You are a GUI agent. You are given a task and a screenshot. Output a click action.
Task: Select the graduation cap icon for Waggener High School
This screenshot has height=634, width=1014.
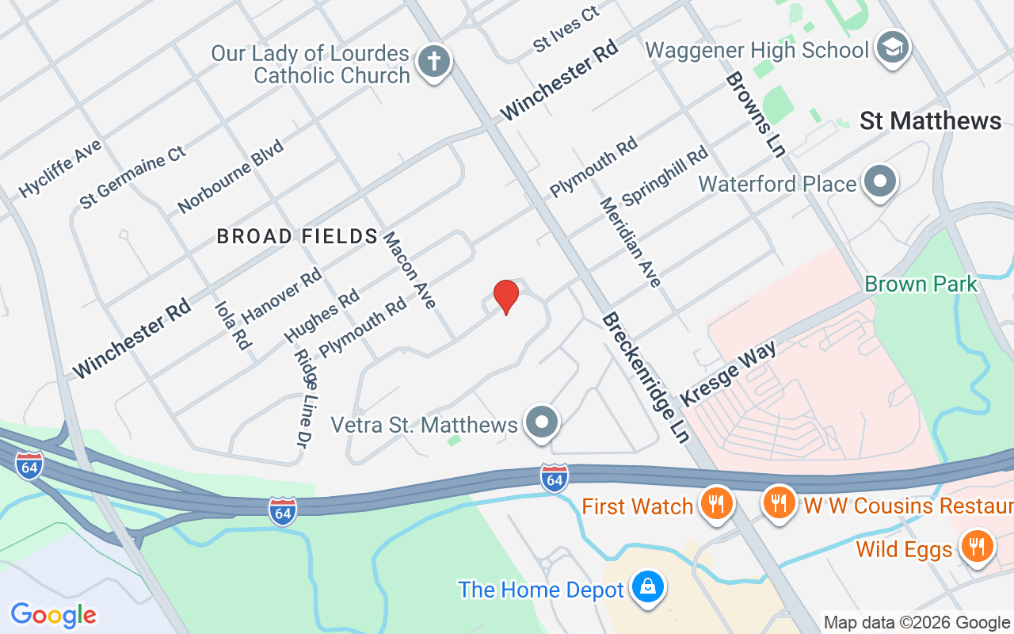(893, 48)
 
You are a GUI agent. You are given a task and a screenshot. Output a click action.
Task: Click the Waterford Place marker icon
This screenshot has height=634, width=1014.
(879, 181)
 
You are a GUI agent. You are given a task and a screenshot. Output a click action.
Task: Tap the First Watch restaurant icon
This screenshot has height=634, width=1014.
(716, 503)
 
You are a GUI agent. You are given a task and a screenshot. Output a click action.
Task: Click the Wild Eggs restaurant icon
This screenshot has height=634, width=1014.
(976, 547)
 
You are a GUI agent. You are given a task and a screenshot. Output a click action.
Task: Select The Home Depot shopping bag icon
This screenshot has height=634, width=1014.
(647, 587)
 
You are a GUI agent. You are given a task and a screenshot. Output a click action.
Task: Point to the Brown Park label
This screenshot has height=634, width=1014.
(921, 284)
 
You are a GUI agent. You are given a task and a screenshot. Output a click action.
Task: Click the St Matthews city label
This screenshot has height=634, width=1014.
(930, 121)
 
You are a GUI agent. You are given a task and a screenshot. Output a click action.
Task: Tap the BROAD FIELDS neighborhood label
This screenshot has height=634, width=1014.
(297, 236)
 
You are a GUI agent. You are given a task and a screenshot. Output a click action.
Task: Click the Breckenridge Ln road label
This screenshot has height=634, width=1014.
(646, 377)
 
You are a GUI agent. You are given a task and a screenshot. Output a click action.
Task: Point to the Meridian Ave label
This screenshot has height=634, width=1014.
(630, 242)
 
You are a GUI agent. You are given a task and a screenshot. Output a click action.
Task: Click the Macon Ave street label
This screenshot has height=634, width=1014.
(409, 270)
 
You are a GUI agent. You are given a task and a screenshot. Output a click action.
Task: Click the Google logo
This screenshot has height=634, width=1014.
(53, 615)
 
